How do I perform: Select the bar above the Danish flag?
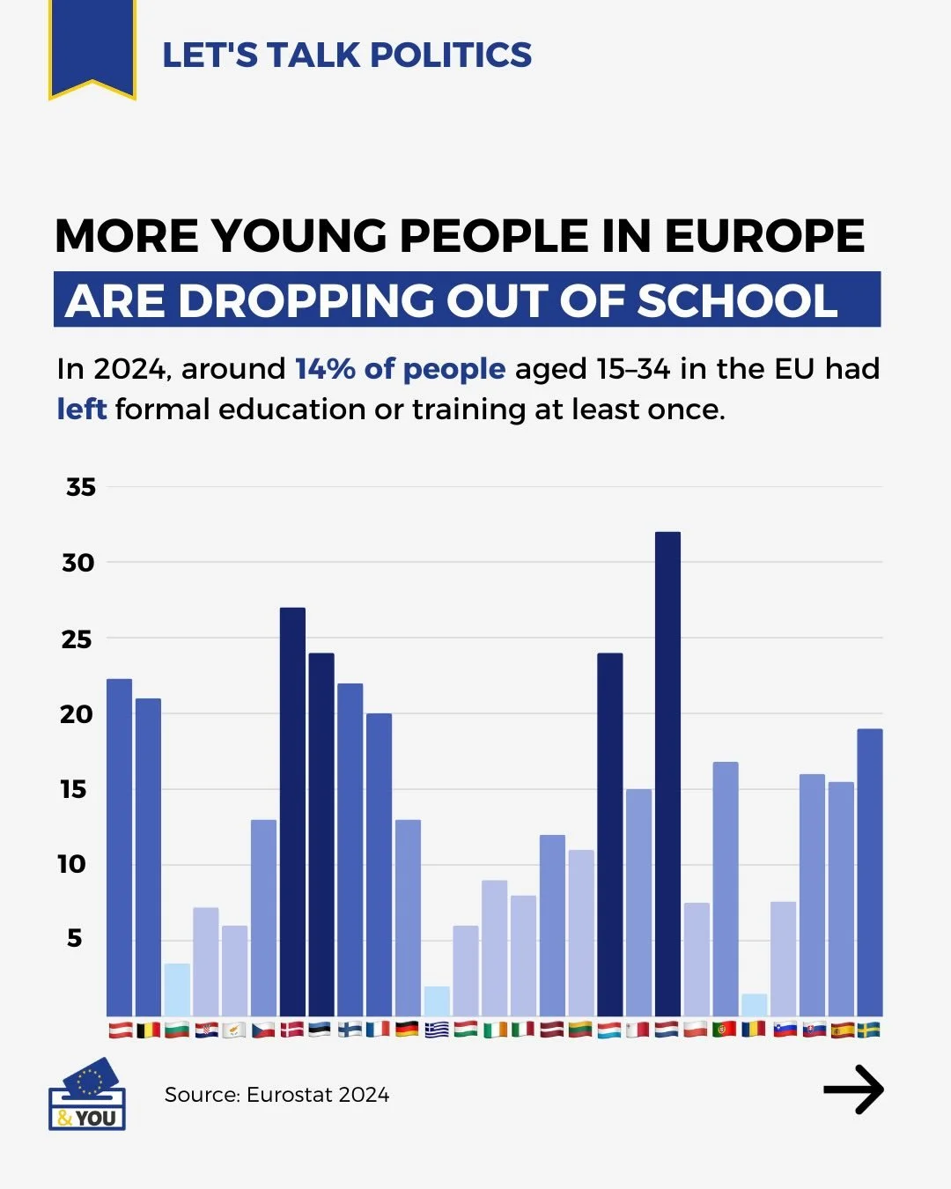coord(292,811)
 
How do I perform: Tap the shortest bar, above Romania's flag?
coord(754,1005)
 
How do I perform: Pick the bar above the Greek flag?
coord(437,1001)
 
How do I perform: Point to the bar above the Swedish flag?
coord(869,872)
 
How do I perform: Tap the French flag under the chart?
coord(379,1029)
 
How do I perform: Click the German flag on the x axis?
coord(408,1029)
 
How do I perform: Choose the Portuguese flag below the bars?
coord(725,1029)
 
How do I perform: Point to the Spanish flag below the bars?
coord(841,1029)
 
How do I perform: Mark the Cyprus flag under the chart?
coord(234,1029)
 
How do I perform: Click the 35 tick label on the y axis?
coord(81,487)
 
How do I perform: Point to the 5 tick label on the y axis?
coord(75,938)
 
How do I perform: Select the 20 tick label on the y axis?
coord(77,714)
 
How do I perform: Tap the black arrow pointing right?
coord(853,1090)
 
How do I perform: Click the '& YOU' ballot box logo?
coord(86,1095)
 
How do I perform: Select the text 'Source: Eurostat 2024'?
coord(276,1095)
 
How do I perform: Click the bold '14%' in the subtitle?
coord(325,368)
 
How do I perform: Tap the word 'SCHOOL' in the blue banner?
coord(737,300)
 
